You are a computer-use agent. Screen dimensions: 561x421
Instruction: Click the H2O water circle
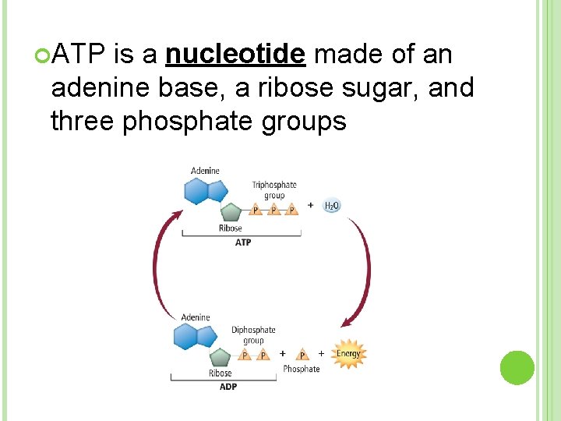[x=331, y=206]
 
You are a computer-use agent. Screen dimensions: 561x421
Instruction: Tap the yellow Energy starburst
[x=348, y=354]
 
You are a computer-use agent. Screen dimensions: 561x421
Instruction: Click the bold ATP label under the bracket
[x=243, y=242]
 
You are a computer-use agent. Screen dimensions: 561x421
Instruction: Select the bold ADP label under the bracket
[x=228, y=387]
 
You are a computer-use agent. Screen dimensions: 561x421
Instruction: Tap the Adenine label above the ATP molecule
[x=205, y=171]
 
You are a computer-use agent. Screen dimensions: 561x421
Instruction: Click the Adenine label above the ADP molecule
[x=196, y=317]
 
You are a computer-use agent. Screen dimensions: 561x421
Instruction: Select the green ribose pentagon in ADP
[x=221, y=357]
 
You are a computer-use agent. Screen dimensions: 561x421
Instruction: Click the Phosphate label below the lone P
[x=301, y=369]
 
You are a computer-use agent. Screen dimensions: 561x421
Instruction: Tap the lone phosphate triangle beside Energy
[x=302, y=356]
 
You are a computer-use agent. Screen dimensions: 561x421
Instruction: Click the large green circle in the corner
[x=517, y=367]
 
